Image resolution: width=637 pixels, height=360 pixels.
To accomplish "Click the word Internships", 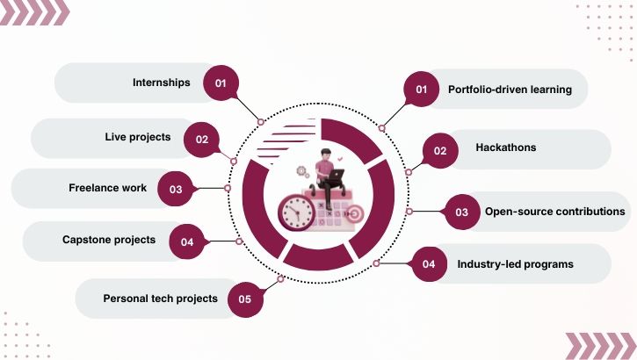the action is [161, 83].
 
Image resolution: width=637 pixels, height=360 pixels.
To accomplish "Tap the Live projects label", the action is [138, 137].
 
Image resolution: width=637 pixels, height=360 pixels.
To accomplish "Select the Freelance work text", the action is [108, 188].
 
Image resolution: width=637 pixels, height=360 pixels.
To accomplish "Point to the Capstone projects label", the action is [109, 240].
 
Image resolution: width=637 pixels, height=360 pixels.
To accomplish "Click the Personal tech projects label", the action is [160, 299].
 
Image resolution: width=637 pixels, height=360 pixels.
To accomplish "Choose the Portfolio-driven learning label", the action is [510, 90].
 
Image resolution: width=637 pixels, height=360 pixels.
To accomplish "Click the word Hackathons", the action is [505, 148].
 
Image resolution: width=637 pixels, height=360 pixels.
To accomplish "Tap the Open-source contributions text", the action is [554, 212].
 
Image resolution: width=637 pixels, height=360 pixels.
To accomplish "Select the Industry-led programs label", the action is [515, 264].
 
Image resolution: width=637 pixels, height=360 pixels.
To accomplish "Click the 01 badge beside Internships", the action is [221, 83].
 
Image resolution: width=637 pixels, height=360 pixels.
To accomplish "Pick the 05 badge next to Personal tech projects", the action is [245, 299].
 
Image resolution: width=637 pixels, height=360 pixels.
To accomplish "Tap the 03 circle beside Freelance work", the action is [176, 189].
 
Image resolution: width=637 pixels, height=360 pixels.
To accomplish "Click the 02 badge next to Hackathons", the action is [440, 150].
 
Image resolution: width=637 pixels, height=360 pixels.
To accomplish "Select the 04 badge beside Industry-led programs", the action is [429, 264].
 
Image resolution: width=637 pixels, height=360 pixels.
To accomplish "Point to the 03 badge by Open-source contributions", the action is [461, 212].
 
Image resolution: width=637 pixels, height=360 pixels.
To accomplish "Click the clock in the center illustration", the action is [297, 211].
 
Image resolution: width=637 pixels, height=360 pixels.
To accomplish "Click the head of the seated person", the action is [326, 156].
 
